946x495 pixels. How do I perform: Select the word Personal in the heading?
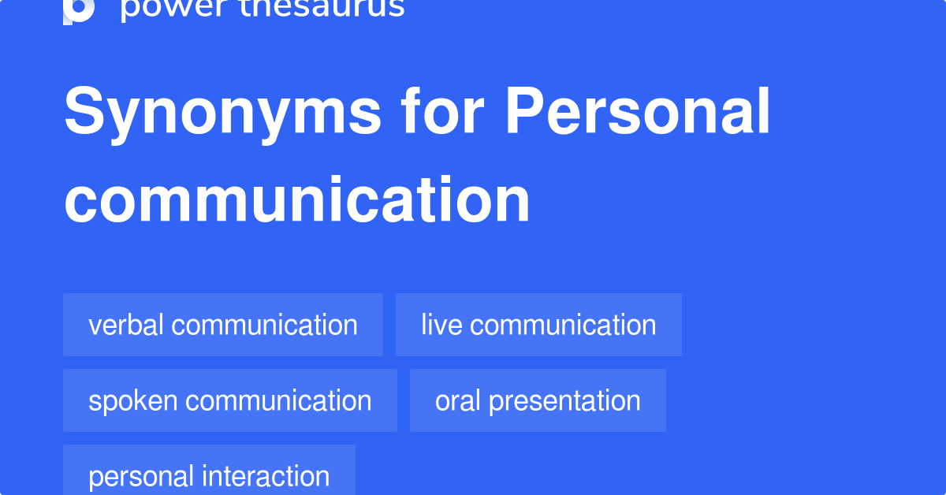638,113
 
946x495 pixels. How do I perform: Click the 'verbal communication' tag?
223,325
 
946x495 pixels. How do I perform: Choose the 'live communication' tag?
538,325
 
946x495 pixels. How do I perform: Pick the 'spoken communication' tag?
230,400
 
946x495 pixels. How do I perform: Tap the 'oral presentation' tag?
538,400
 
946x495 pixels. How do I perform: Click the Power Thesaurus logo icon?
79,10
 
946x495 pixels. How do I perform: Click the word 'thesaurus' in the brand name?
331,8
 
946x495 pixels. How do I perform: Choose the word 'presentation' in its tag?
564,400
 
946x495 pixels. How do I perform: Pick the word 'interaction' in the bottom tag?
266,475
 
